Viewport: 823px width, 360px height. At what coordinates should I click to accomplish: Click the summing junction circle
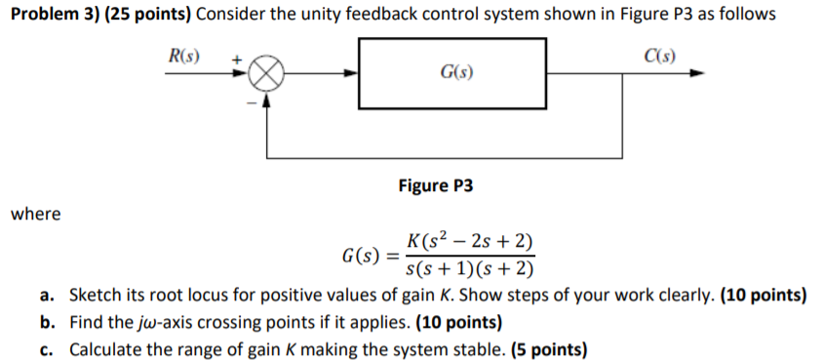click(x=269, y=73)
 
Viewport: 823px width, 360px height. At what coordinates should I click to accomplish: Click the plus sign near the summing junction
click(x=235, y=60)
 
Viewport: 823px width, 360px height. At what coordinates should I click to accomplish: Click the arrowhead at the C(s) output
click(x=694, y=73)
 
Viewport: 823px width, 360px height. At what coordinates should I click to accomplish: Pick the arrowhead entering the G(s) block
click(x=353, y=73)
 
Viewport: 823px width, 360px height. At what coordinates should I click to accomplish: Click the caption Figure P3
click(x=435, y=185)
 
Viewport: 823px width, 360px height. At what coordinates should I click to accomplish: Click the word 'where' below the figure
click(x=36, y=214)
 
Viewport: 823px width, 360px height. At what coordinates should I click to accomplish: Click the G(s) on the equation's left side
click(x=362, y=258)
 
